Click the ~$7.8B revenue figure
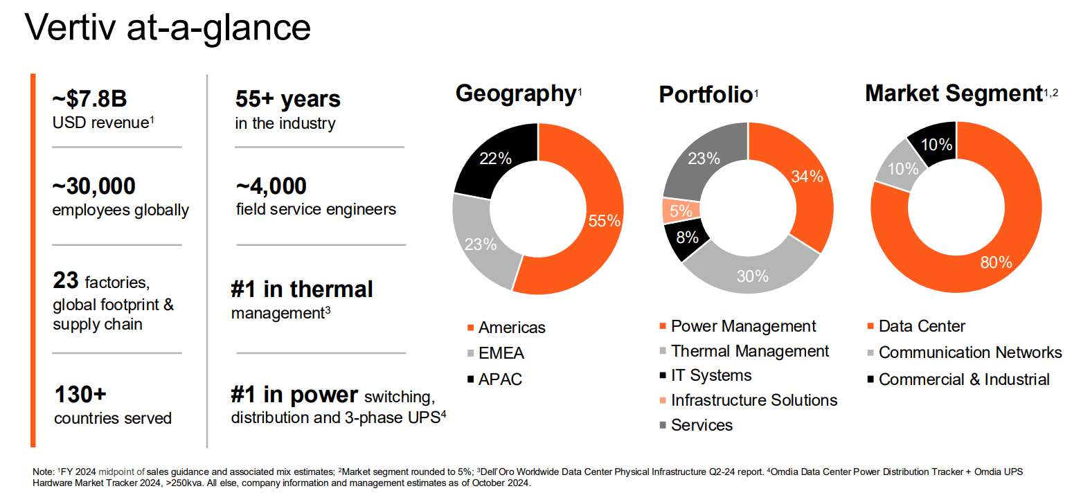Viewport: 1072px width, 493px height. click(89, 99)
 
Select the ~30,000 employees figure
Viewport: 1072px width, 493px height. click(94, 186)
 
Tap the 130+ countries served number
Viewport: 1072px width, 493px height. click(80, 395)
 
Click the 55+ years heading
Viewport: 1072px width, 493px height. click(288, 99)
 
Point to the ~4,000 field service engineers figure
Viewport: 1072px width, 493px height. click(271, 186)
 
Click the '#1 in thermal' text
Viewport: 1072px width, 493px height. click(302, 289)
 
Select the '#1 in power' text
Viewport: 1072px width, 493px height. click(294, 395)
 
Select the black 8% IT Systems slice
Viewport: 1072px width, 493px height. click(686, 238)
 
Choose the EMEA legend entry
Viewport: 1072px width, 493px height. click(501, 353)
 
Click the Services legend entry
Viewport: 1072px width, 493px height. click(702, 425)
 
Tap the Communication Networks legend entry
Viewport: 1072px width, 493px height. click(970, 352)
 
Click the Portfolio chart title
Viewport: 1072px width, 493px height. click(705, 94)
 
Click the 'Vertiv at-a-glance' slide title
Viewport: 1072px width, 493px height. click(167, 28)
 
